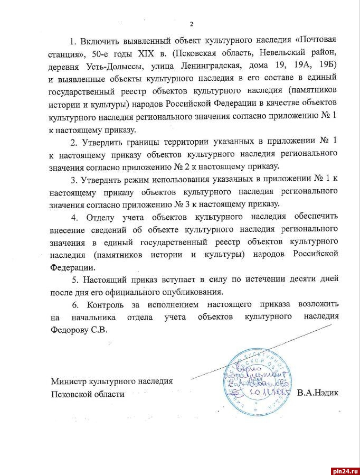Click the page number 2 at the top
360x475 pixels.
(x=192, y=24)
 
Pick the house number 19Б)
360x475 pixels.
(x=324, y=65)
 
